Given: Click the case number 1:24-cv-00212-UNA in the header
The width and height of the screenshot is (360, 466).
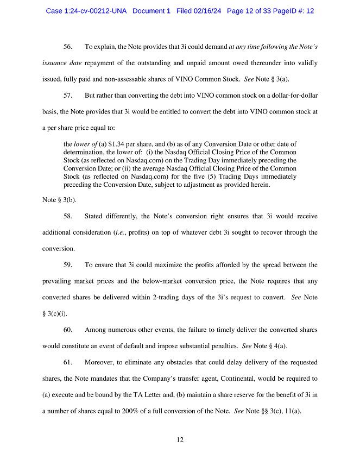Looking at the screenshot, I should tap(87, 11).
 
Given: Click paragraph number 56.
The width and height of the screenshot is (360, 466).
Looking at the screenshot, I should tap(68, 48).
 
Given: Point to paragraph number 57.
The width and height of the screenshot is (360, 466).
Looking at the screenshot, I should tap(68, 96).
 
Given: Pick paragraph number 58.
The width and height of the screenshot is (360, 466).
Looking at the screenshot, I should tap(68, 216).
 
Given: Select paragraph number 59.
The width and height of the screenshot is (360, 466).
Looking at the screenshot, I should tap(68, 265).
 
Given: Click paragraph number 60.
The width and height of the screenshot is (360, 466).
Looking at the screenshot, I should tap(68, 330).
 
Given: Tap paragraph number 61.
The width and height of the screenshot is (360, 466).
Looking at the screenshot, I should tap(68, 362).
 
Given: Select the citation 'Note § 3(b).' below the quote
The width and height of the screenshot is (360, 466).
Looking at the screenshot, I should tap(59, 200).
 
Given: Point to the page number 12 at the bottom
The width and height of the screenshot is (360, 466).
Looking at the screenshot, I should tap(180, 440).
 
